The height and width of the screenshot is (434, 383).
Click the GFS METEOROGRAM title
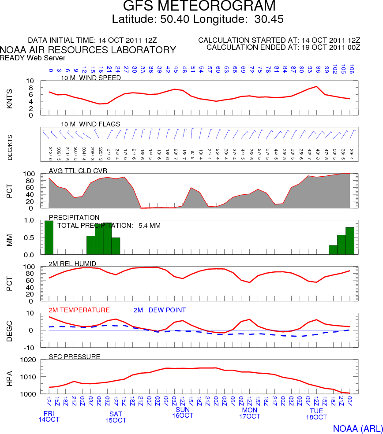pos(199,7)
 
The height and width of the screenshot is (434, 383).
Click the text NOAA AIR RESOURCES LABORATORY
pos(88,50)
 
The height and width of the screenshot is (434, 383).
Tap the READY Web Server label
pos(33,58)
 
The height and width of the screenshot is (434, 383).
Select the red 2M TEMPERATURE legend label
pos(79,310)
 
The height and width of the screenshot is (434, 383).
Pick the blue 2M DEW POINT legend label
pos(159,310)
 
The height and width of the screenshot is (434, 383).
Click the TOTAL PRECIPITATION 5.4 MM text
pos(109,225)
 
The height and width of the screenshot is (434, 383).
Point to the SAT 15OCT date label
pos(116,417)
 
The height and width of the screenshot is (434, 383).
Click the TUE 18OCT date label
pos(316,414)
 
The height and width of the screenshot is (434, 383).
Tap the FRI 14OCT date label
pos(49,416)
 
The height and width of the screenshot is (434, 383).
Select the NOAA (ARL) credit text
pos(356,429)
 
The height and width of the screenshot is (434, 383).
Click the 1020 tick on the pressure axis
pos(27,360)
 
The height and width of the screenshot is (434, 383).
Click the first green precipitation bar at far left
pos(49,237)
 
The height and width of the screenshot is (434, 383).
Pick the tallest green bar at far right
pos(350,241)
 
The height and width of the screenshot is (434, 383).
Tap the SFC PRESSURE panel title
pos(74,356)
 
